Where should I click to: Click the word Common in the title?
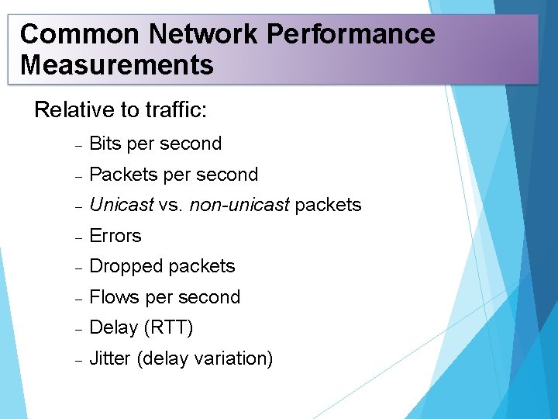[x=78, y=34]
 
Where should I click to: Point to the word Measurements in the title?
[x=117, y=65]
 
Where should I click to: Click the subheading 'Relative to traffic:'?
[x=121, y=110]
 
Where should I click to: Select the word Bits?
[x=105, y=144]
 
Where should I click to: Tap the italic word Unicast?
[x=122, y=205]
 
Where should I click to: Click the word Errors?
[x=115, y=236]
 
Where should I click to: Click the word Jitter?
[x=110, y=358]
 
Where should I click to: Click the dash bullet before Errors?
[x=78, y=237]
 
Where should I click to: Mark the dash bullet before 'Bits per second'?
[x=78, y=144]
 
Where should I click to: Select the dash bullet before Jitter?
[x=78, y=359]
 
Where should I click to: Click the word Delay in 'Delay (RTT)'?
[x=114, y=327]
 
